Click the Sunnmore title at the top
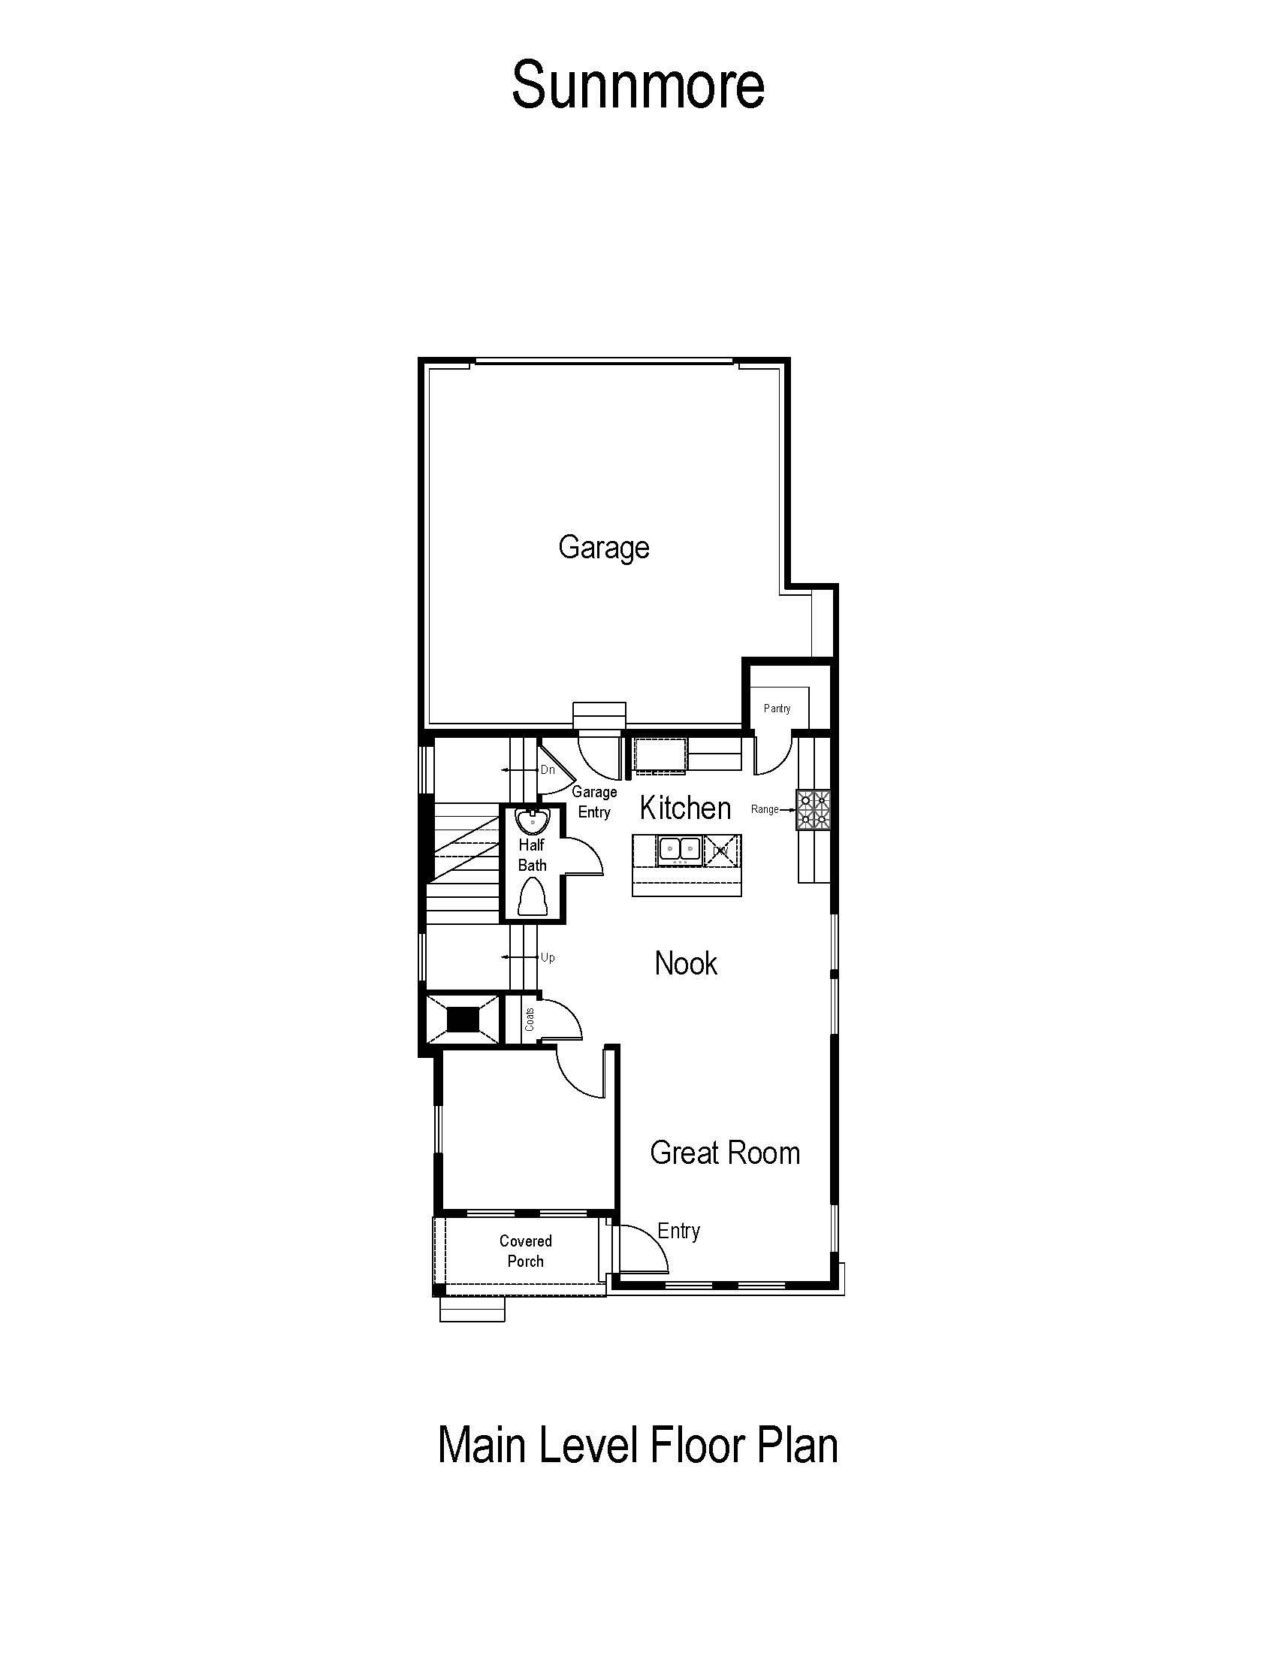[x=638, y=85]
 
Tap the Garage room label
[x=604, y=547]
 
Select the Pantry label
[x=777, y=709]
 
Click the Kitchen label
[x=685, y=808]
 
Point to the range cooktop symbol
[x=814, y=810]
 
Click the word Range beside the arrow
[x=764, y=810]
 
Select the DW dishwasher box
[x=722, y=851]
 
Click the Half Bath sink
[x=533, y=820]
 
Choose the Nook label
[x=685, y=963]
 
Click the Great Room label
[x=725, y=1153]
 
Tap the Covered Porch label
[x=526, y=1251]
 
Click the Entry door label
[x=678, y=1231]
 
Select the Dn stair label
[x=548, y=769]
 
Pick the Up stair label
[x=548, y=957]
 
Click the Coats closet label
[x=530, y=1019]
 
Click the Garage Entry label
[x=594, y=802]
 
